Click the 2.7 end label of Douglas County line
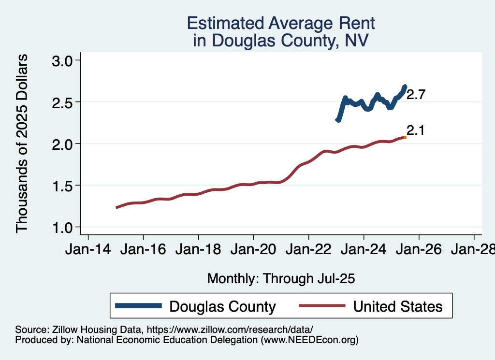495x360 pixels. click(x=416, y=95)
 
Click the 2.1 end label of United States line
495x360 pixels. click(x=416, y=130)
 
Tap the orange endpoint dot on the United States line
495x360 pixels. click(x=405, y=137)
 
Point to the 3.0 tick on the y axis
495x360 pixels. click(x=62, y=60)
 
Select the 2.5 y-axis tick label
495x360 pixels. click(x=62, y=102)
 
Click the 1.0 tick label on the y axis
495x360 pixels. click(x=62, y=227)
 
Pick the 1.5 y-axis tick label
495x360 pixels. click(x=62, y=186)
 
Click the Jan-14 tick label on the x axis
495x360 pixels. click(x=88, y=250)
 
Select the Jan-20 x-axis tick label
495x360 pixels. click(x=253, y=250)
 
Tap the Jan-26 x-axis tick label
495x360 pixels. click(x=419, y=250)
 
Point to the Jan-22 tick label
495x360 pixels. click(x=308, y=250)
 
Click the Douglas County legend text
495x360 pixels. click(x=222, y=306)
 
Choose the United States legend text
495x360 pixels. click(x=397, y=306)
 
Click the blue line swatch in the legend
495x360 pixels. click(x=138, y=305)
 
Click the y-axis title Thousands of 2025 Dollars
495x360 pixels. click(x=22, y=144)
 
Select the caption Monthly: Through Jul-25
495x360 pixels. click(x=281, y=278)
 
